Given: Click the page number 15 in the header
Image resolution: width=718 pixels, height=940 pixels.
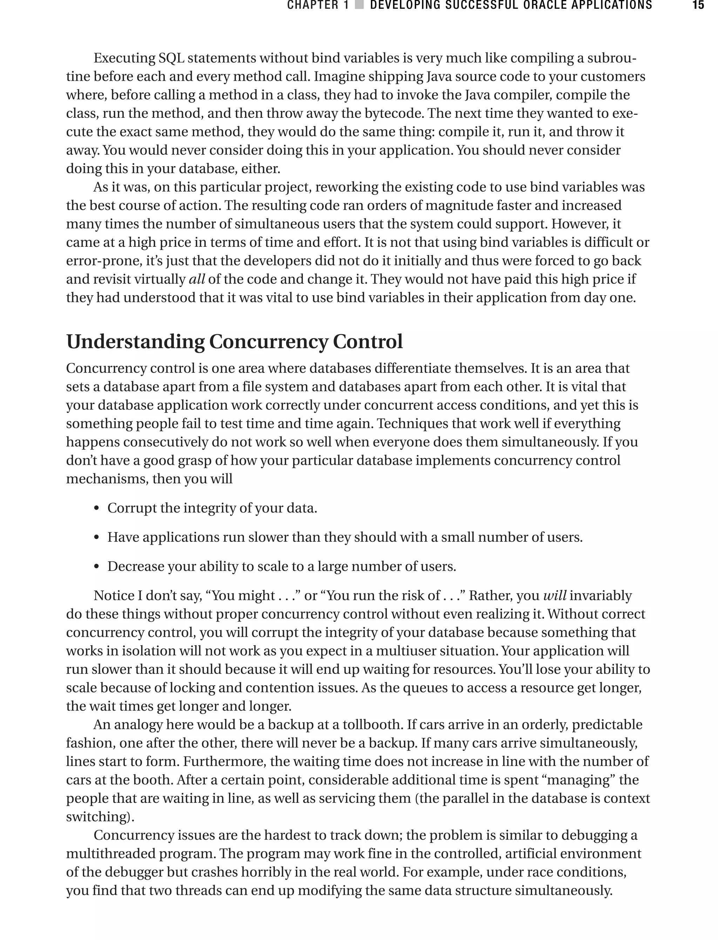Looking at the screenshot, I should click(698, 5).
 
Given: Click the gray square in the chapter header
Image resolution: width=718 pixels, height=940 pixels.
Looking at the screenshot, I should click(359, 5).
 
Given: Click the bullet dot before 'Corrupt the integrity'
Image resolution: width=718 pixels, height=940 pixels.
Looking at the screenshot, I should click(97, 509).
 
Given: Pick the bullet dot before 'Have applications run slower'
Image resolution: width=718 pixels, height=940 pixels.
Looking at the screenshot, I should click(97, 538).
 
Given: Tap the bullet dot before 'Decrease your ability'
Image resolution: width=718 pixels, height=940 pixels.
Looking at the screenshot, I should click(97, 567).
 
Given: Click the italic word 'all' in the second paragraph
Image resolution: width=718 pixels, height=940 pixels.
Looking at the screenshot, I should click(197, 279).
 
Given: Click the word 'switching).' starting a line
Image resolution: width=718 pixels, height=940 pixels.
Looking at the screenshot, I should click(100, 817).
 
